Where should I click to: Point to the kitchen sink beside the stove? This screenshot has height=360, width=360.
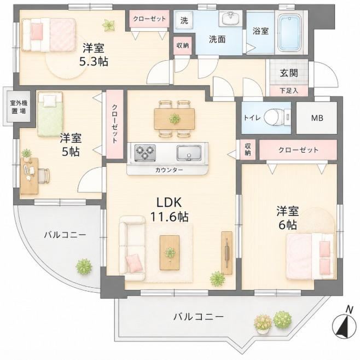coord(189,153)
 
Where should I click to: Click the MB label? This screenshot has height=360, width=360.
coord(317,118)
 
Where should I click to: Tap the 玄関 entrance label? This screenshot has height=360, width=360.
coord(289,73)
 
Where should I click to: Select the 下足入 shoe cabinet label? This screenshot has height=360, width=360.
coord(289,91)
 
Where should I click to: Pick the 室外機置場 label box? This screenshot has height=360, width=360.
coord(19,107)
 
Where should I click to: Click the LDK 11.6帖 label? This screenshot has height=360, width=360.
coord(170,210)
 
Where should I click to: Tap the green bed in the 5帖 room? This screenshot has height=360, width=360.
coord(50,114)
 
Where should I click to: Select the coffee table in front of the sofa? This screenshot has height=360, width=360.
coord(170,253)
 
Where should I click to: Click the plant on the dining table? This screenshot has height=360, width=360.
coord(175,119)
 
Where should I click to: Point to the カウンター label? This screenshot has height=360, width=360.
coord(169,170)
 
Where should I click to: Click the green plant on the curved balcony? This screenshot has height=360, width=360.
coord(84,266)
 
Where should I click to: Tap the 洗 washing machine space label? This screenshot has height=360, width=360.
coord(184,20)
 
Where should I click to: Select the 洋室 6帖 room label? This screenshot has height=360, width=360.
coord(288,218)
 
